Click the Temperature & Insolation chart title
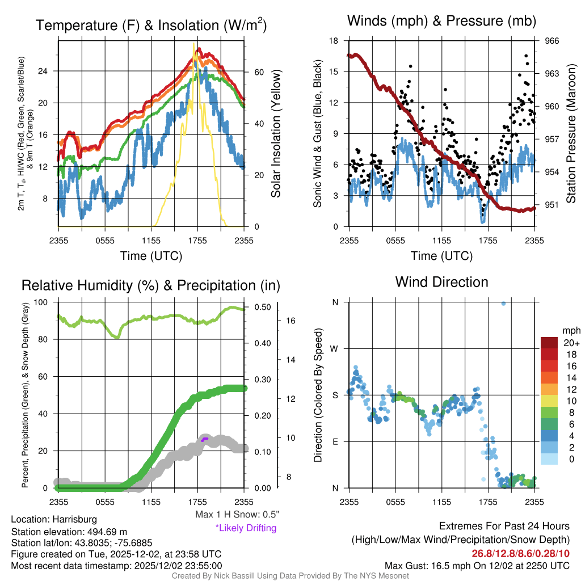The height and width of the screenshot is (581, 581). (151, 25)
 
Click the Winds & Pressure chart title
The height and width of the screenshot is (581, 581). (441, 22)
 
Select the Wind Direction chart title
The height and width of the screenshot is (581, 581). (441, 282)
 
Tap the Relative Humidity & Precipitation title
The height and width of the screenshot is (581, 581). (150, 285)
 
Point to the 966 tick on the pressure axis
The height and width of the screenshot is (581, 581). (552, 41)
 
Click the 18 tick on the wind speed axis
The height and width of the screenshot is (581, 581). (334, 41)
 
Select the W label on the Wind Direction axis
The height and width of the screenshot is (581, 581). (335, 348)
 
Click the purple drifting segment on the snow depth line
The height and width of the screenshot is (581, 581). (204, 439)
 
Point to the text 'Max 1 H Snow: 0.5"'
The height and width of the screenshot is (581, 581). (237, 515)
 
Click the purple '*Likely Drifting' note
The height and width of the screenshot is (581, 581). (246, 528)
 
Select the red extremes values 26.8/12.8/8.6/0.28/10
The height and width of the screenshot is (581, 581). (520, 553)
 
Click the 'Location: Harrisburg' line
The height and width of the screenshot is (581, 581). (54, 519)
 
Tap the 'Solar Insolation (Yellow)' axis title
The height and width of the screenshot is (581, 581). (276, 134)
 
